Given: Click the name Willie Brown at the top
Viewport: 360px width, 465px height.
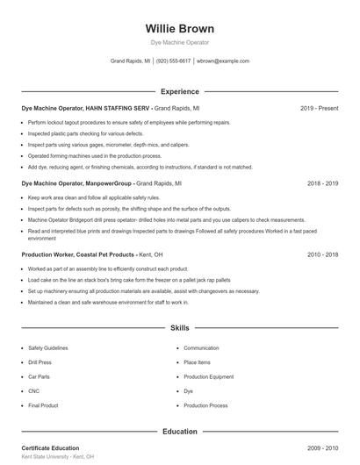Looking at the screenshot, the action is pos(179,28).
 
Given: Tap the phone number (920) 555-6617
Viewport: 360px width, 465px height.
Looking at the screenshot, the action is pos(174,61).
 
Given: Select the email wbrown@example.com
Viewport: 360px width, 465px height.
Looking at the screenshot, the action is pos(223,61).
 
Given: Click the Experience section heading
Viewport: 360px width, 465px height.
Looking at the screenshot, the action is pos(179,91).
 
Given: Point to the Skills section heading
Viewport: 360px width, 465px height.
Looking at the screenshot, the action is pos(179,328).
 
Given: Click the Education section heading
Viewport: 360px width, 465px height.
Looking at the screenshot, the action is pos(179,432).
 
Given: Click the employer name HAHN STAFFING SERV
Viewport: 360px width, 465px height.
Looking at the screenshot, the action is pos(119,108).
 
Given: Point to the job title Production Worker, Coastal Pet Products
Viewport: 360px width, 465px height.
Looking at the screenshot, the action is pos(77,254).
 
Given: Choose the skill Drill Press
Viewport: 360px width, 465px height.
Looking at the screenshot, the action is pos(40,362).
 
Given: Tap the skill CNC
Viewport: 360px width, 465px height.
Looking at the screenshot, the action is pos(34,391).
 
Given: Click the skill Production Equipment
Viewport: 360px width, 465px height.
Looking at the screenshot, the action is pos(208,376).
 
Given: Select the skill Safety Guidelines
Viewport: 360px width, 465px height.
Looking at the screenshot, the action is pos(47,348).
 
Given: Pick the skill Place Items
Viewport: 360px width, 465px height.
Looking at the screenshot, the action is pos(198,362).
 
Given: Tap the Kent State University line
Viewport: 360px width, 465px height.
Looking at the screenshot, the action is pos(57,457).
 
